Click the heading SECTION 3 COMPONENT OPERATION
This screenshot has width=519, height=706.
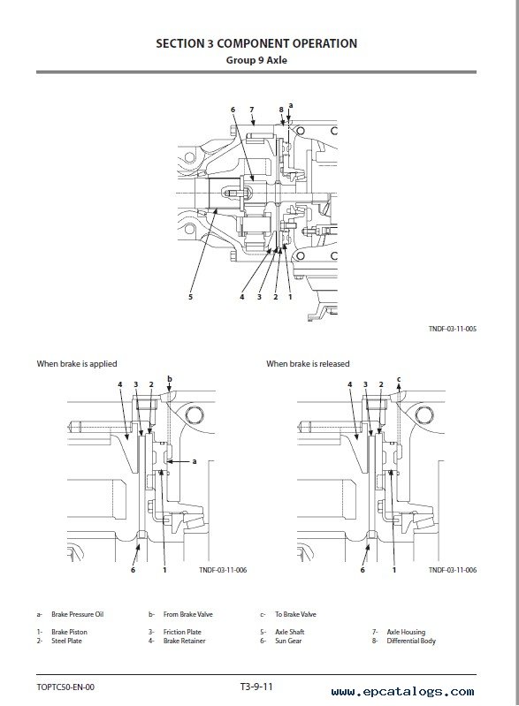[256, 43]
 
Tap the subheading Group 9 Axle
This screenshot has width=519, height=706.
[256, 60]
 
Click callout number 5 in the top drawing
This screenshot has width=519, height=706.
[191, 297]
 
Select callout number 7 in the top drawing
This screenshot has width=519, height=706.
[251, 110]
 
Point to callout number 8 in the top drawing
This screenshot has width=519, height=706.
[281, 110]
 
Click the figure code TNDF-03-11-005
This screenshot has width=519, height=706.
[453, 329]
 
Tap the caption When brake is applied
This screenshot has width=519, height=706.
[77, 364]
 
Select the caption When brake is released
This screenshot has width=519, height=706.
[308, 364]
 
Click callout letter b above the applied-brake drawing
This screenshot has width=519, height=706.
[170, 379]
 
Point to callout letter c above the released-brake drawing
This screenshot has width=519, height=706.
[399, 379]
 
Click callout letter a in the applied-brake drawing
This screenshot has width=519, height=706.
[195, 461]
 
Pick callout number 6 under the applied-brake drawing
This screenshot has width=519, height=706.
[133, 570]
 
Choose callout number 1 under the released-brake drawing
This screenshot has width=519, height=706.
[394, 570]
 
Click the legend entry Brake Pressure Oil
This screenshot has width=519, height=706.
[77, 614]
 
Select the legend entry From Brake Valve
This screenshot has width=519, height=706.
[187, 614]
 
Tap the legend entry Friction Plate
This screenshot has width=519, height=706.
[182, 632]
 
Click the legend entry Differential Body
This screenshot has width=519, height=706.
[411, 641]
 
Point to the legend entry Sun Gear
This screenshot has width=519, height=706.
[288, 641]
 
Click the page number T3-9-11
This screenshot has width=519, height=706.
[256, 687]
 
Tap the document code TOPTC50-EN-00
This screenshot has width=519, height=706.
[65, 687]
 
